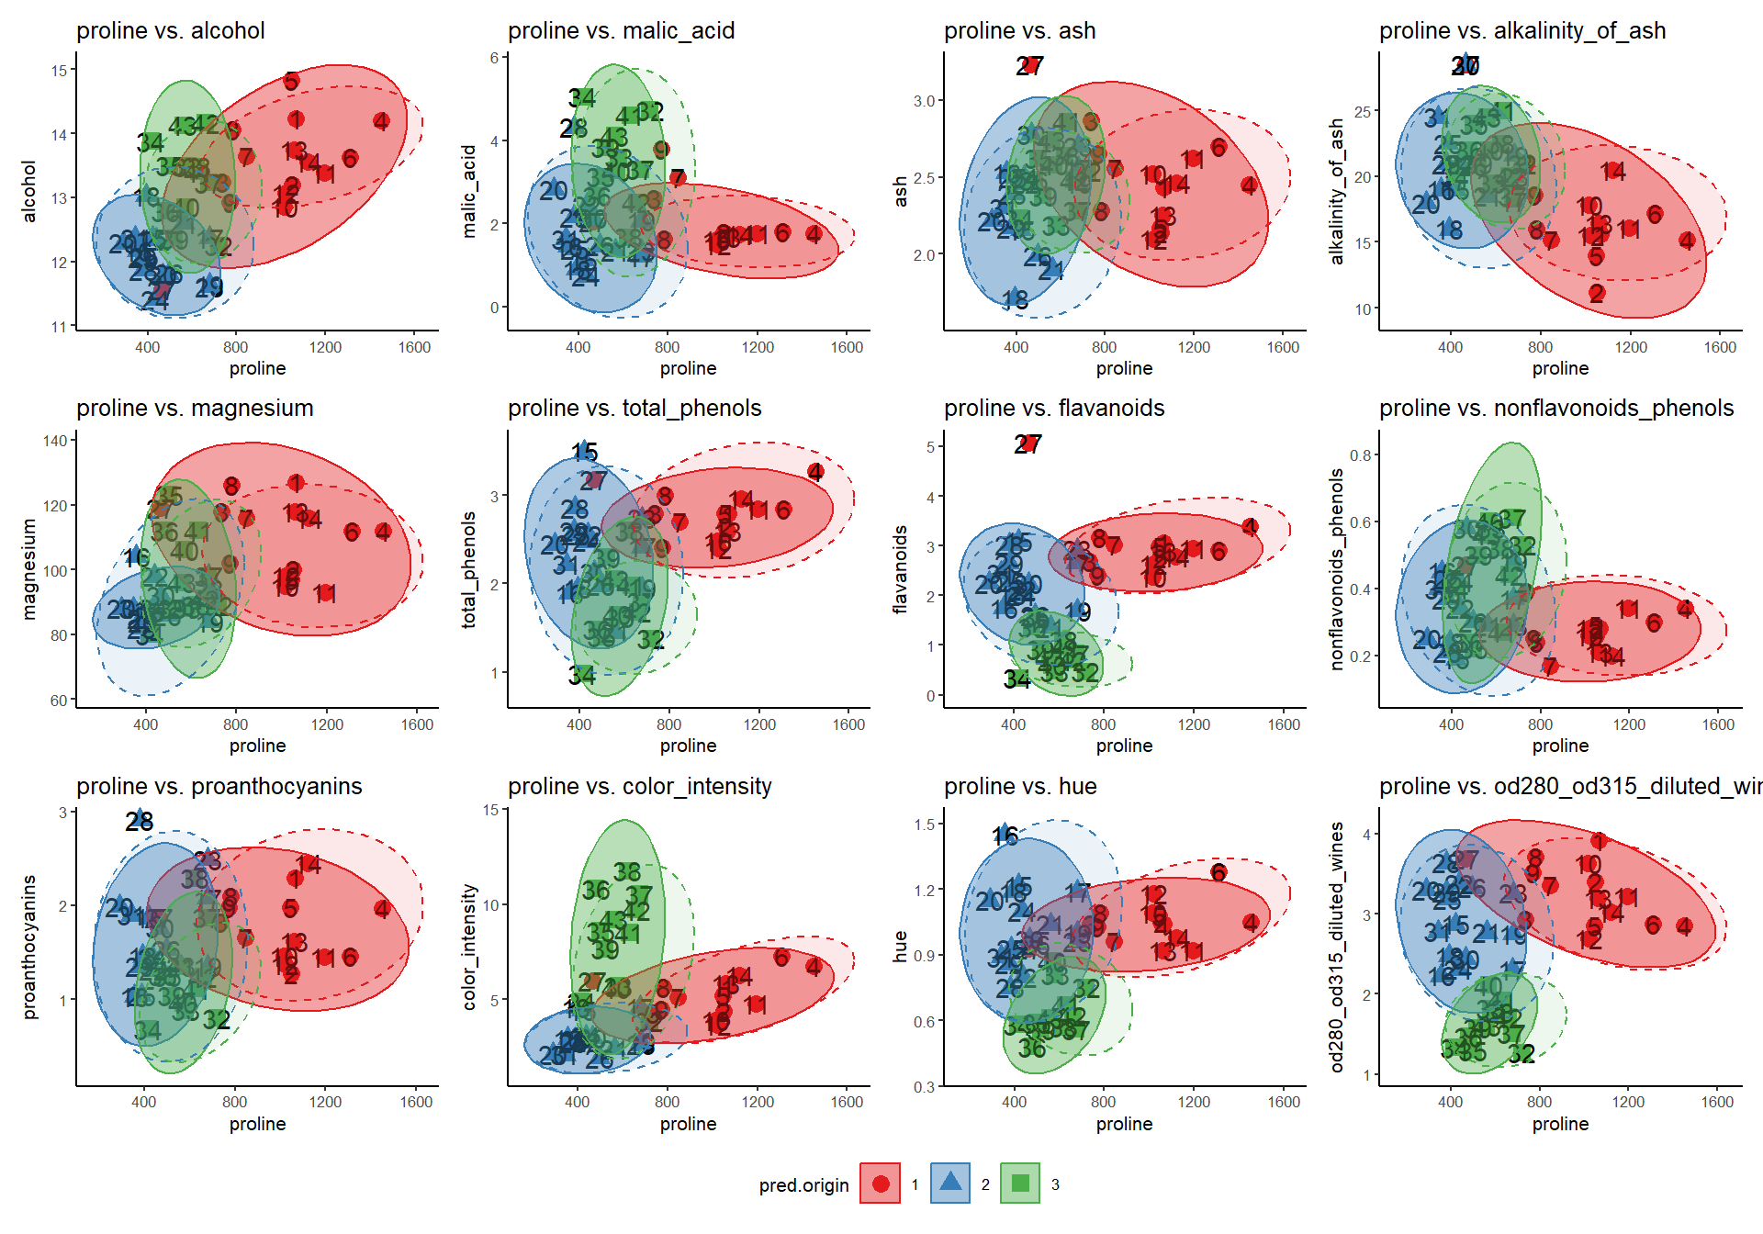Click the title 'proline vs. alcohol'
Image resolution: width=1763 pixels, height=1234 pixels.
tap(170, 31)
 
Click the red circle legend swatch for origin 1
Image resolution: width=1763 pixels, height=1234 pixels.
tap(880, 1184)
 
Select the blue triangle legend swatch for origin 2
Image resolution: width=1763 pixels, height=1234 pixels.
tap(950, 1184)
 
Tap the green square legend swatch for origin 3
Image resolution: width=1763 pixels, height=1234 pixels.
tap(1020, 1184)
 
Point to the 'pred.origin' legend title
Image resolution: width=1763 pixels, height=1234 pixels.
tap(803, 1185)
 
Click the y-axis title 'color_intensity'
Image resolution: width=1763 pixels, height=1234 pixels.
tap(469, 947)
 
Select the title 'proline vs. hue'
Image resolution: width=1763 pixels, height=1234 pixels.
tap(1020, 787)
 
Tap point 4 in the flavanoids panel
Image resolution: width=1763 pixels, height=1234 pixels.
tap(1250, 527)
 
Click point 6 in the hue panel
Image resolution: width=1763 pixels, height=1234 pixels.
tap(1218, 872)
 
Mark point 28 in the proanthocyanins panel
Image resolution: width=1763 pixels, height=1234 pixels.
tap(140, 820)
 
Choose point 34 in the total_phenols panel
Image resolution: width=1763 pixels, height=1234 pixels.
tap(581, 676)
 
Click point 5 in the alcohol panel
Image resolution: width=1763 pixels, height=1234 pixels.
tap(291, 81)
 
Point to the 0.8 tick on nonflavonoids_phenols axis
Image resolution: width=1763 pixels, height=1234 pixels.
tap(1361, 455)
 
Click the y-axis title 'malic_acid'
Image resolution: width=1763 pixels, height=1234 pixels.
tap(469, 191)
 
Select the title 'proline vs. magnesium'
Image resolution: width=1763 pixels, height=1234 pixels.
tap(195, 409)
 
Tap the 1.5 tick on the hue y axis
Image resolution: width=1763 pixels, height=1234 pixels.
tap(925, 825)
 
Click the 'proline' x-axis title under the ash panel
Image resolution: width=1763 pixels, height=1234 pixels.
tap(1124, 368)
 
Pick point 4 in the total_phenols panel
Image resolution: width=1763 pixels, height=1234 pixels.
tap(815, 472)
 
